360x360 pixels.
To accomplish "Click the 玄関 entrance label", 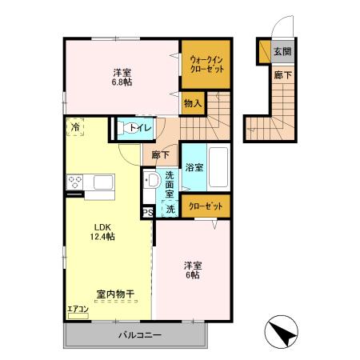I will (x=282, y=53).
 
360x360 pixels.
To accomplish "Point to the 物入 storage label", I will (x=192, y=103).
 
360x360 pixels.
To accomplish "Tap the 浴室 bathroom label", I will (x=194, y=167).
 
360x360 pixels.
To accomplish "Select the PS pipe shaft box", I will (x=147, y=212).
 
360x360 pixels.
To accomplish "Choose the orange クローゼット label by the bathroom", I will (x=206, y=206).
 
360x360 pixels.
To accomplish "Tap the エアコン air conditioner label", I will (x=77, y=309).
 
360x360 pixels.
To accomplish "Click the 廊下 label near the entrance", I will (x=282, y=75).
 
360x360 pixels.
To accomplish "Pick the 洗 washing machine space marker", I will (x=169, y=210).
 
